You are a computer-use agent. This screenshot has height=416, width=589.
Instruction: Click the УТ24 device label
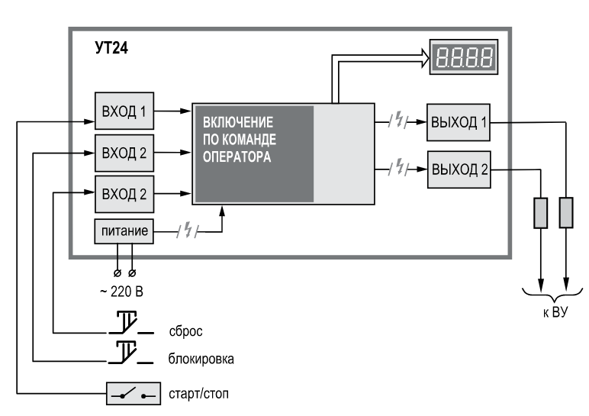[111, 48]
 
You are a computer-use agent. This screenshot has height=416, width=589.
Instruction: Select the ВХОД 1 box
[124, 111]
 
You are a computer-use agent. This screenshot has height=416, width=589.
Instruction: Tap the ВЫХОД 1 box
[459, 122]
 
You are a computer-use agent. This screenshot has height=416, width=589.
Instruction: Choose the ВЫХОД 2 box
[459, 169]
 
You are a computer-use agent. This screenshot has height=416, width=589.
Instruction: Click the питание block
[124, 231]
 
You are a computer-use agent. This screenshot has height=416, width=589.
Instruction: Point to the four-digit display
[464, 57]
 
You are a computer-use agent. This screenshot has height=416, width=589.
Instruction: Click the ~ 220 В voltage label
[122, 292]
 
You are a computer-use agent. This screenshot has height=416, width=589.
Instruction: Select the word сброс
[186, 331]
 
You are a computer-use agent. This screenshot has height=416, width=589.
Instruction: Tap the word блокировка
[201, 359]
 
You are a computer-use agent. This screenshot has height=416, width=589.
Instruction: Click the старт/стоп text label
[198, 394]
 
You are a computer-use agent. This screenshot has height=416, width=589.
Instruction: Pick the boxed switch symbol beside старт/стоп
[134, 394]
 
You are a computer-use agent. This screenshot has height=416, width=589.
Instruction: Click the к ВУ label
[555, 312]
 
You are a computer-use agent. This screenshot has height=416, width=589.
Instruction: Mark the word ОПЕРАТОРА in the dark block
[237, 156]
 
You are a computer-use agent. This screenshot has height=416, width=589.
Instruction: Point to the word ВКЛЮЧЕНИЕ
[238, 122]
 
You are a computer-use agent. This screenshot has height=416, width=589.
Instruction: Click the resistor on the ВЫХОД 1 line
[566, 213]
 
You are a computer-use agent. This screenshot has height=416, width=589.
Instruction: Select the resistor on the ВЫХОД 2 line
[540, 213]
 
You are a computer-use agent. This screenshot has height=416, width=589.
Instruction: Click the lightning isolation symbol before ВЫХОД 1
[398, 121]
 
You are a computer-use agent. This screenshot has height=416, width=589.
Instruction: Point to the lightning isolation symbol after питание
[187, 231]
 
